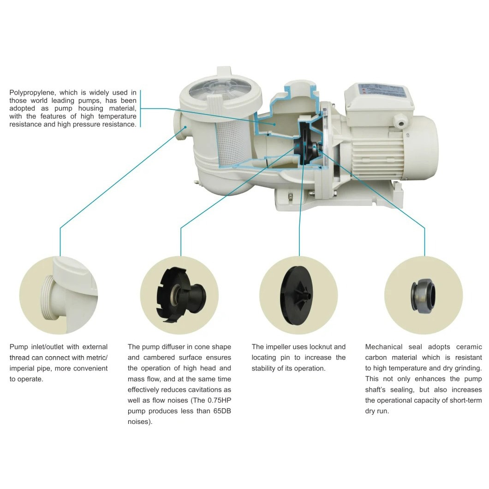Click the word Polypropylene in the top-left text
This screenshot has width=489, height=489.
[x=30, y=93]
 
